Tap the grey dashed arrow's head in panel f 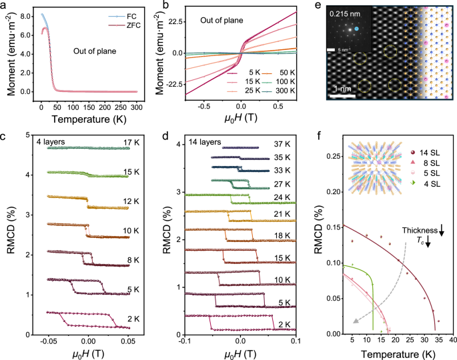click(x=356, y=321)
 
